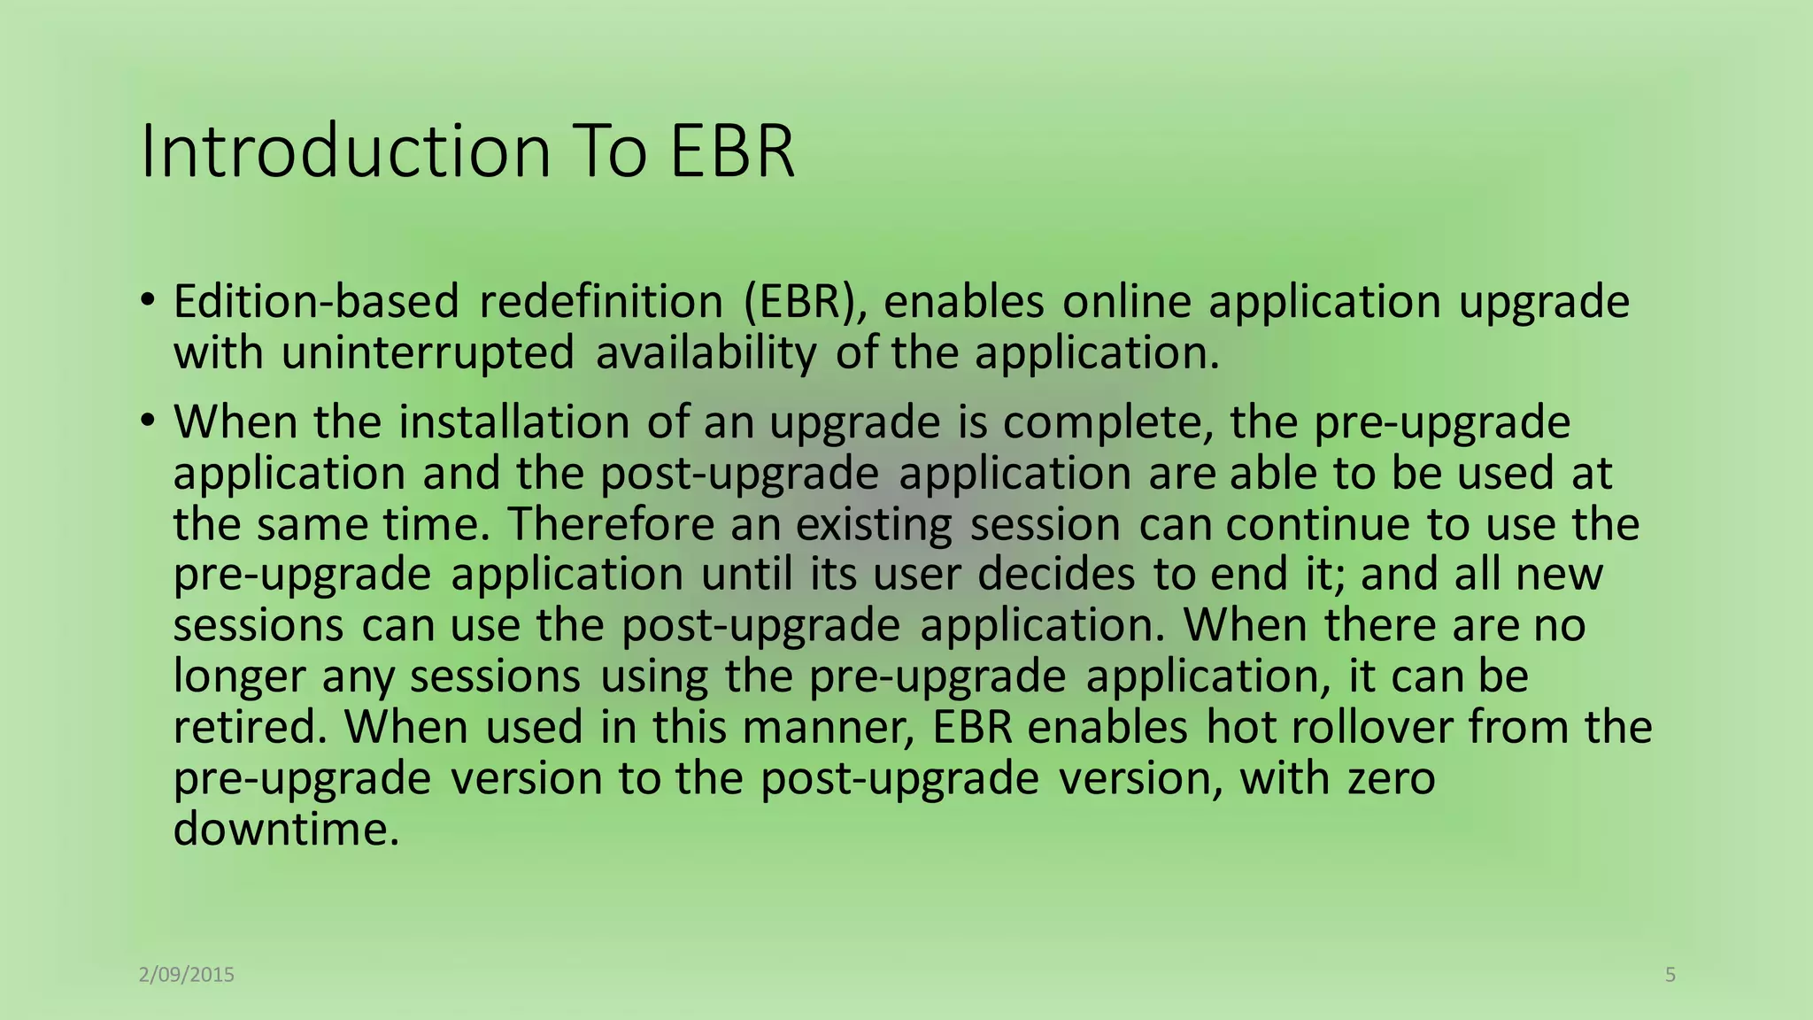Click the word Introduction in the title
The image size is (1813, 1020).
coord(346,151)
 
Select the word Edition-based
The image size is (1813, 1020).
coord(316,302)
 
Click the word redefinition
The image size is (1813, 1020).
coord(601,302)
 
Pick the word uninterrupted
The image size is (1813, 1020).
coord(428,353)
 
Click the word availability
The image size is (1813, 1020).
coord(706,353)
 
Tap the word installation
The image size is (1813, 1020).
coord(513,422)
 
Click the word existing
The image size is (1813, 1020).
coord(873,524)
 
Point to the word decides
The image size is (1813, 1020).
coord(1055,575)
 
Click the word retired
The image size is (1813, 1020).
coord(244,728)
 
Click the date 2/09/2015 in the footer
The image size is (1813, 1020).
coord(187,975)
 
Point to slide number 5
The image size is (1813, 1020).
coord(1670,975)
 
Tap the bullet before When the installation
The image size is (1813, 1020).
coord(148,419)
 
